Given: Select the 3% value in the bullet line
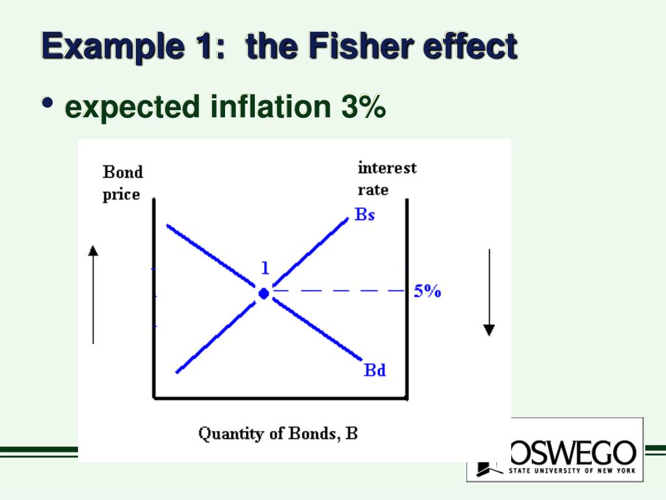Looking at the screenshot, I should click(362, 107).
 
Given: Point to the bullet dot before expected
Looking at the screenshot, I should click(47, 104).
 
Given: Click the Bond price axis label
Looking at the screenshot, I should click(122, 183).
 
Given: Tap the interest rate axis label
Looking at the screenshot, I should click(387, 178).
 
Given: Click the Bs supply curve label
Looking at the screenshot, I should click(365, 214).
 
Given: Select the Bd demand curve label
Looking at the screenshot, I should click(375, 370).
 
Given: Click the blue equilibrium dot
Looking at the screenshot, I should click(263, 294).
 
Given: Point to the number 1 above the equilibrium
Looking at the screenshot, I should click(265, 268).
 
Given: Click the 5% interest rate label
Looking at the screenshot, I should click(427, 291).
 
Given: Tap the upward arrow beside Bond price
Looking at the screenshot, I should click(93, 293).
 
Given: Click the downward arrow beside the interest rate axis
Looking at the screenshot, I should click(489, 293).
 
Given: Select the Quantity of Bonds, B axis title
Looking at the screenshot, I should click(278, 433).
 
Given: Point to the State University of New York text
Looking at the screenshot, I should click(572, 470).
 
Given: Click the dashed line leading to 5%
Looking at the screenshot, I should click(338, 290).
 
